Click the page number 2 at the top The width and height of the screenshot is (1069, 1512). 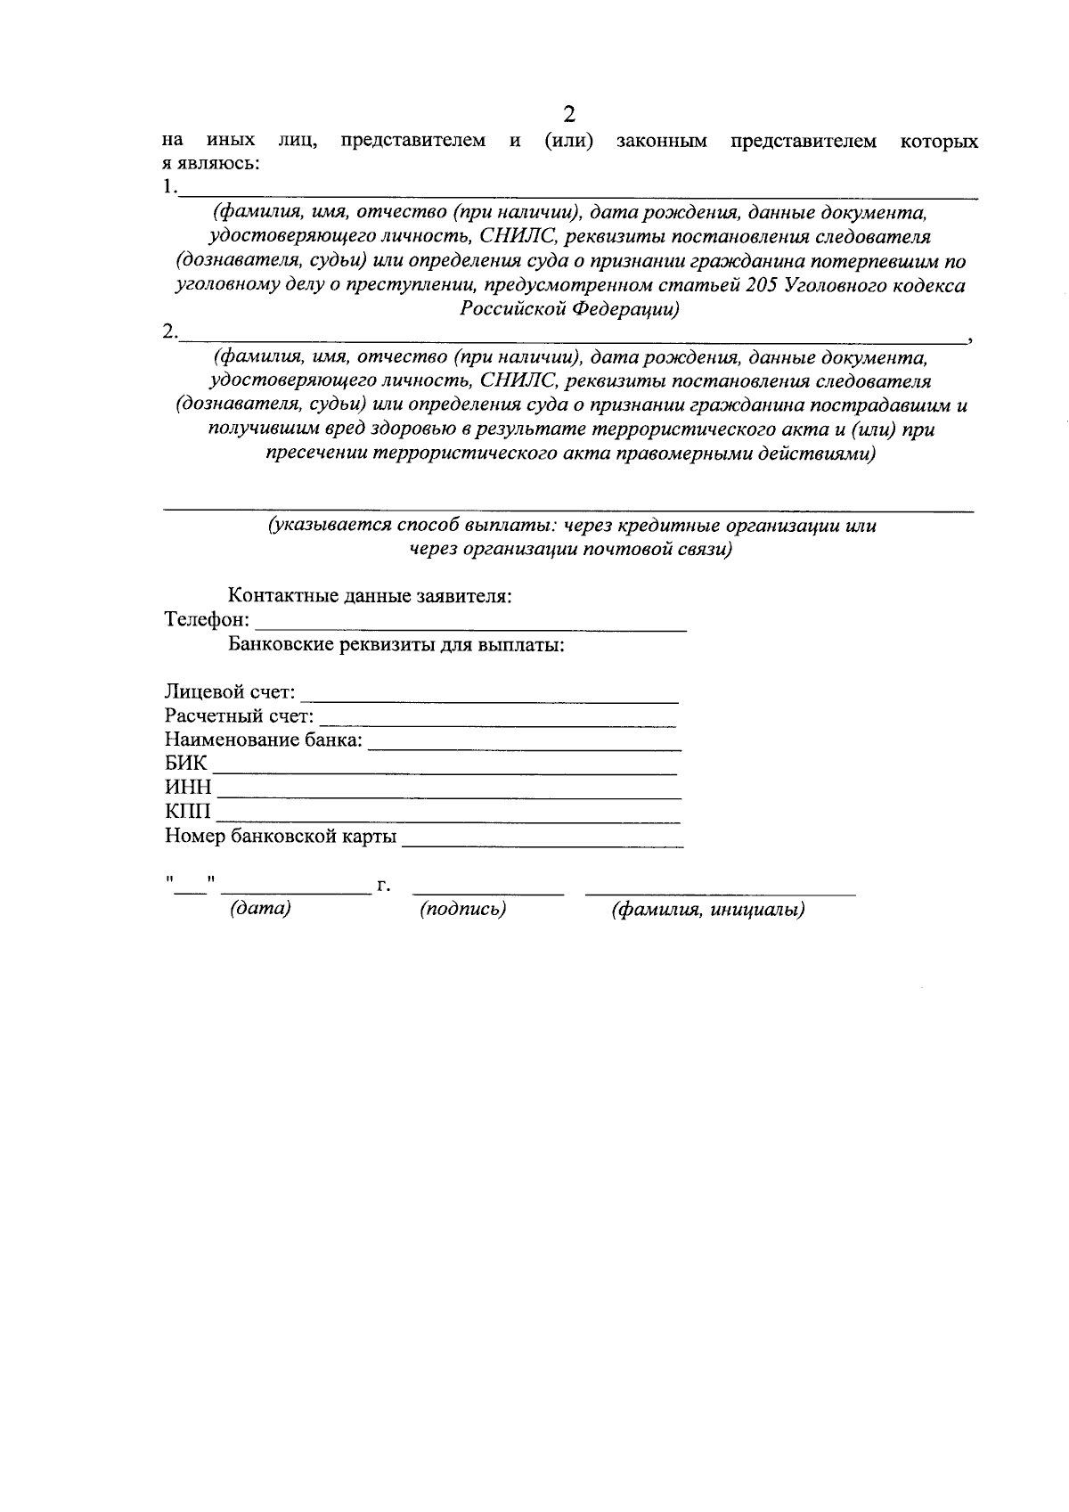tap(569, 114)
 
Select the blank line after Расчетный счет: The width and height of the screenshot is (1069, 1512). tap(497, 720)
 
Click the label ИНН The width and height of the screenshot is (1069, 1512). tap(188, 789)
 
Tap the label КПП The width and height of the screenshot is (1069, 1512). tap(188, 812)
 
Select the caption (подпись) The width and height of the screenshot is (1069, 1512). tap(462, 910)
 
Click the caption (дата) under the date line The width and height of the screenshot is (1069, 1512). tap(260, 910)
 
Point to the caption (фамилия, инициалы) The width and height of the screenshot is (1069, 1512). tap(708, 910)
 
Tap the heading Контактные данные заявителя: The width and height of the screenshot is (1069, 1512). tap(370, 596)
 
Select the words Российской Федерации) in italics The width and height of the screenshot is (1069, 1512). tap(570, 310)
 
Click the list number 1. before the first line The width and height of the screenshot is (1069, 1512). tap(169, 188)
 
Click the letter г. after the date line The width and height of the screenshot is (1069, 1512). tap(384, 887)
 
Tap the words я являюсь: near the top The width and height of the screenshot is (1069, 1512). tap(211, 164)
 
